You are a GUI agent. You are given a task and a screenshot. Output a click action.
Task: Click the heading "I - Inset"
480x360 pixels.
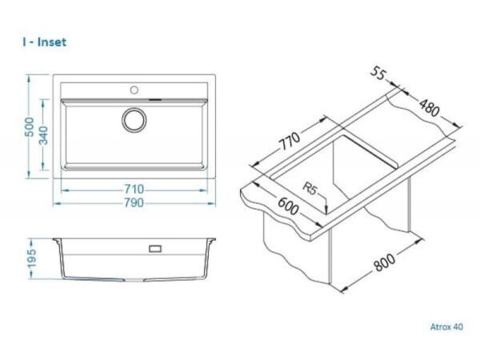pyautogui.click(x=44, y=42)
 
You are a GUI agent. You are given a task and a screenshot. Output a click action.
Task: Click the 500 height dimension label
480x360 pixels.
pyautogui.click(x=30, y=126)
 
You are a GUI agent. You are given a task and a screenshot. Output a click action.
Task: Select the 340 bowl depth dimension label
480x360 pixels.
pyautogui.click(x=43, y=135)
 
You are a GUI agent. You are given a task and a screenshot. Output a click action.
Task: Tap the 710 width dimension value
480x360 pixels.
pyautogui.click(x=134, y=189)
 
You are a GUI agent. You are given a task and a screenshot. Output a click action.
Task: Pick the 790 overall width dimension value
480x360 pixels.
pyautogui.click(x=134, y=202)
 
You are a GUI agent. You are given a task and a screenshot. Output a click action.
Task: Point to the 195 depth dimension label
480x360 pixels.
pyautogui.click(x=32, y=258)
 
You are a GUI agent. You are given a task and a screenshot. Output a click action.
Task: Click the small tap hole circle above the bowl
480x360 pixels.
pyautogui.click(x=134, y=90)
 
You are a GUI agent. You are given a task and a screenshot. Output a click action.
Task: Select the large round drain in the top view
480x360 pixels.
pyautogui.click(x=134, y=120)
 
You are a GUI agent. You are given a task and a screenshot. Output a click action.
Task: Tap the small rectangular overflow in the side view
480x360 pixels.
pyautogui.click(x=155, y=249)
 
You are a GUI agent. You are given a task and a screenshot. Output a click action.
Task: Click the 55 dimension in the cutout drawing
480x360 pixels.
pyautogui.click(x=378, y=74)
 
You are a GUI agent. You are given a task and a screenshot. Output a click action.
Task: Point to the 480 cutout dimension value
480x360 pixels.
pyautogui.click(x=429, y=108)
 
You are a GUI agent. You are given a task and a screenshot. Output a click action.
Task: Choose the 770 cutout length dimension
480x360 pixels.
pyautogui.click(x=290, y=141)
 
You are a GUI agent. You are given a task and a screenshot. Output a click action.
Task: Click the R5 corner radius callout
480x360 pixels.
pyautogui.click(x=309, y=188)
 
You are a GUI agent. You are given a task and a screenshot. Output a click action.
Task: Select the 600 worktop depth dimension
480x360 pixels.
pyautogui.click(x=287, y=206)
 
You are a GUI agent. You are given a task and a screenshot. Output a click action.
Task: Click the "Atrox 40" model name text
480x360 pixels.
pyautogui.click(x=446, y=326)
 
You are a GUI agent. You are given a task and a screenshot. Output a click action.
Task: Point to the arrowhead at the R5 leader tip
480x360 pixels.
pyautogui.click(x=326, y=209)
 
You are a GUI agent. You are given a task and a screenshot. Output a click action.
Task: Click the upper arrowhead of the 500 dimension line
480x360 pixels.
pyautogui.click(x=29, y=78)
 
